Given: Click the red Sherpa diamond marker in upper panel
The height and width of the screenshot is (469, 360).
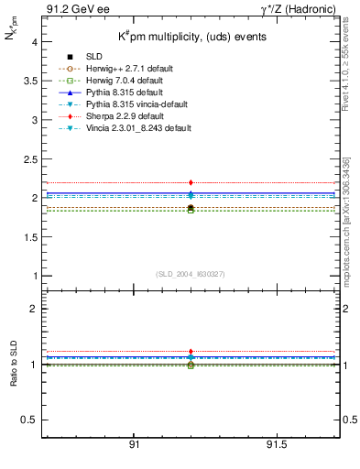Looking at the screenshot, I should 191,183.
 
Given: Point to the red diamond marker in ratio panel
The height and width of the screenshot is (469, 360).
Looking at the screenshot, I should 191,352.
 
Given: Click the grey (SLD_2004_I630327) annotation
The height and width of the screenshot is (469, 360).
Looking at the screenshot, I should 190,273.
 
